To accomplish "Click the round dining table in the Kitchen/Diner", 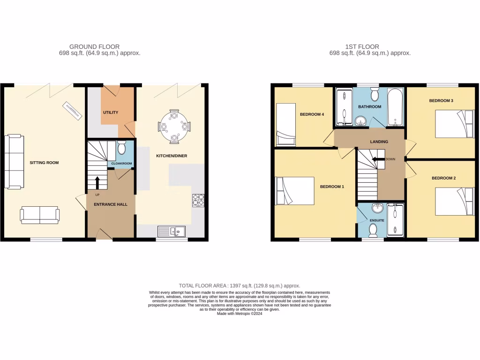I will point(174,126).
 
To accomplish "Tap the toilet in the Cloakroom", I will point(121,149).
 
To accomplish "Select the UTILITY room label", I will point(111,112).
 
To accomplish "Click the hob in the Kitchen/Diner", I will point(198,200).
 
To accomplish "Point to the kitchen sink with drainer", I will point(172,231).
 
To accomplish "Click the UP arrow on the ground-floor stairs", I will point(97,182).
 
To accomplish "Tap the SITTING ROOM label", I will point(44,163).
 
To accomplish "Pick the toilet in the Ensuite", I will point(374,230).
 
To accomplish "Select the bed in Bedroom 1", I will point(295,191).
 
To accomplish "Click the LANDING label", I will point(379,141).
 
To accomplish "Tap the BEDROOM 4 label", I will point(312,114).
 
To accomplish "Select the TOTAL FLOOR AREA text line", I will point(240,285).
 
